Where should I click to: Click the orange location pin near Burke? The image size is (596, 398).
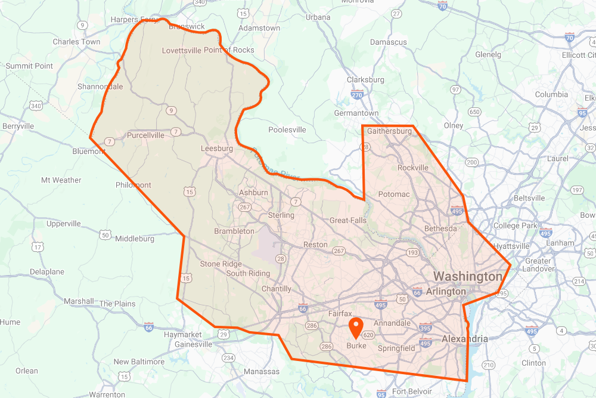pos(356,328)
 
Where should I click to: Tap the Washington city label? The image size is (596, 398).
pos(467,276)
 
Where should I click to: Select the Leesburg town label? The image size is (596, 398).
pos(216,149)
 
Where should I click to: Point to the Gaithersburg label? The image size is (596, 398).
pos(389,131)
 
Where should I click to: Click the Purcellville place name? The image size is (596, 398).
pos(146,135)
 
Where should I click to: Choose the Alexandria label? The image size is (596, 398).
pos(464,339)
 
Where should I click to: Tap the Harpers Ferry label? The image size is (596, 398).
pos(135,20)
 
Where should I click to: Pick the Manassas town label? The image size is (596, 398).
pos(262,371)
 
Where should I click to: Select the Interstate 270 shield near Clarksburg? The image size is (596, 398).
pos(358,94)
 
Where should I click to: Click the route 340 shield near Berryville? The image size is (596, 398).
pos(36,106)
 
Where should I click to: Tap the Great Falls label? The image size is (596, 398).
pos(348,220)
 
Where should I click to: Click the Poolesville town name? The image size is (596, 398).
pos(287,129)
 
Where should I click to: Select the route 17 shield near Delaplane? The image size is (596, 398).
pos(38,246)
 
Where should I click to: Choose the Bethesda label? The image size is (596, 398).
pos(440,229)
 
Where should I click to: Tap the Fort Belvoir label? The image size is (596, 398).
pos(412,391)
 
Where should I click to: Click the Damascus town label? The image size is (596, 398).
pos(388,42)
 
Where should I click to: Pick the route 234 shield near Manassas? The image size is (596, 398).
pos(228,357)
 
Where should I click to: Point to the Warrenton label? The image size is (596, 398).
pos(107,394)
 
